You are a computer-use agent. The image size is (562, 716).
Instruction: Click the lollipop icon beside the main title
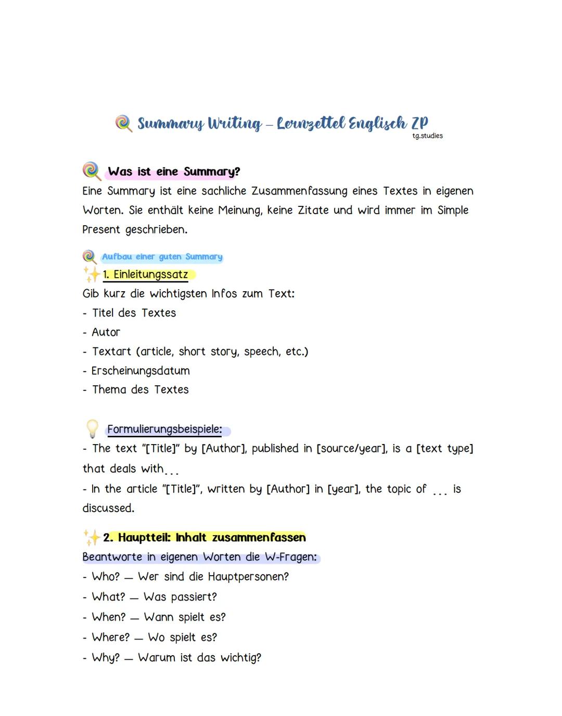[123, 124]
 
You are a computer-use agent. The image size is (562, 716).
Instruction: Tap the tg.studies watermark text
[427, 136]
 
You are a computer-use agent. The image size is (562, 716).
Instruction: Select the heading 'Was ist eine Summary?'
[174, 172]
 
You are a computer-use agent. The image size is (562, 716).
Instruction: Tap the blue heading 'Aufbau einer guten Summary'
[162, 256]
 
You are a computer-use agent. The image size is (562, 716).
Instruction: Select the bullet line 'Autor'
[106, 332]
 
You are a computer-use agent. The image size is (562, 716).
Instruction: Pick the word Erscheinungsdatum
[140, 371]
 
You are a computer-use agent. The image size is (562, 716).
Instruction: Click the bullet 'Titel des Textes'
[134, 313]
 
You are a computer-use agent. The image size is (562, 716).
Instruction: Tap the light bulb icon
[92, 429]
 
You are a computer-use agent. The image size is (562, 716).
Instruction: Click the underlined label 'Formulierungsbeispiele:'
[164, 429]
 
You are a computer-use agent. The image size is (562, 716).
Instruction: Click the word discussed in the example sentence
[108, 508]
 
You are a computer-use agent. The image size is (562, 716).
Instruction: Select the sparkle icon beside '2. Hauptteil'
[92, 537]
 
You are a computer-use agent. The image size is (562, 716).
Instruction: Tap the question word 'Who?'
[106, 577]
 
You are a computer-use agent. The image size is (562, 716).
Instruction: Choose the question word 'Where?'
[110, 637]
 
